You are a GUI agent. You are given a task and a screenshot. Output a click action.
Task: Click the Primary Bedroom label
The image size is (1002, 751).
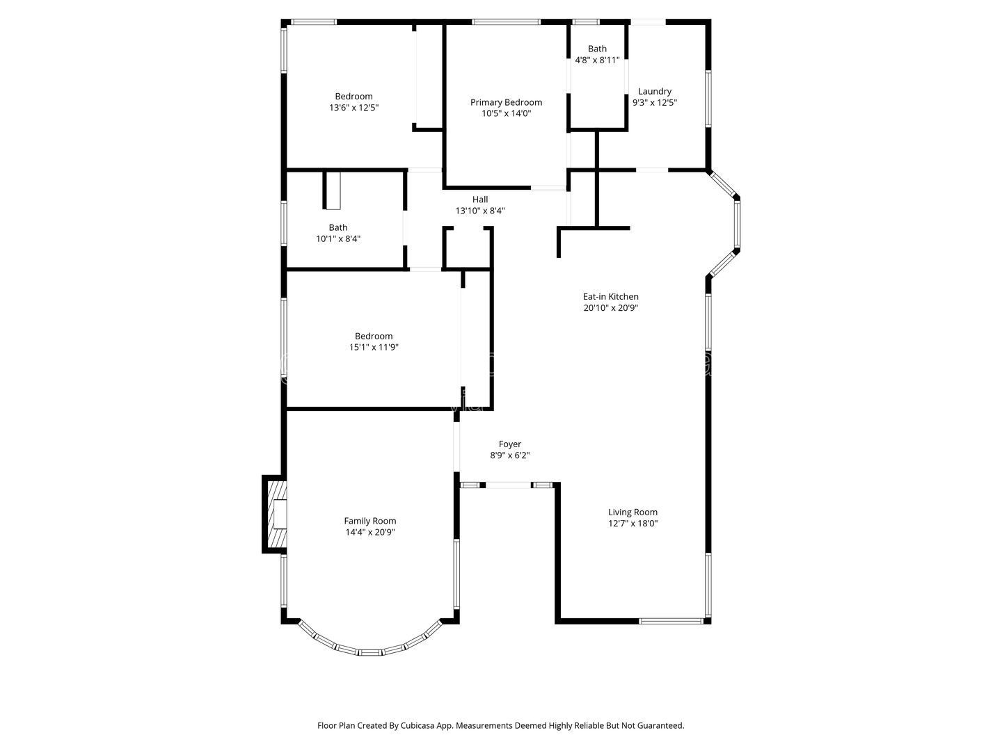coord(506,102)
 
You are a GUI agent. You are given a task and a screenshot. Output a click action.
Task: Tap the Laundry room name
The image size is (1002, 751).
coord(654,91)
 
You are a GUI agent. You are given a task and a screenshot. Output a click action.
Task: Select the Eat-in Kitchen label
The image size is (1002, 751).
coord(610,296)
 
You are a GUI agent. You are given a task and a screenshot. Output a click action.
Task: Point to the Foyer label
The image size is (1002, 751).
coord(509,444)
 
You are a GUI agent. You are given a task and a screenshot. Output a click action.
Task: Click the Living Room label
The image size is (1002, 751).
coord(633,512)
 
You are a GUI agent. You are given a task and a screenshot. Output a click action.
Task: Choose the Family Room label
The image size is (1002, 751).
coord(369,521)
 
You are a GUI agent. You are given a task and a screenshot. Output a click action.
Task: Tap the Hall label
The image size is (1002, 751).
coord(479,200)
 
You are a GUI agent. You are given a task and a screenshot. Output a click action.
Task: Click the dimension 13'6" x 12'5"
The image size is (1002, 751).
coord(353,108)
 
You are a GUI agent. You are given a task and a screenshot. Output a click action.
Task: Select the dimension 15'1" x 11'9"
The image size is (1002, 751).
coord(374,347)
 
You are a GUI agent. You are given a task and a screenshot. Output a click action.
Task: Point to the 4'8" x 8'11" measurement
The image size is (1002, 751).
coord(597,60)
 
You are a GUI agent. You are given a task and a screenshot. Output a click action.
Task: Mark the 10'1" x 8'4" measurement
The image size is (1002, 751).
coord(337,239)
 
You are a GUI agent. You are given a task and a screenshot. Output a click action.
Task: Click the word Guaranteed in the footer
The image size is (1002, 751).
coord(658,725)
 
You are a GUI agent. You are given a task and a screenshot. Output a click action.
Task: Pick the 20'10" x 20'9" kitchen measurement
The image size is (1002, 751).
coord(610,308)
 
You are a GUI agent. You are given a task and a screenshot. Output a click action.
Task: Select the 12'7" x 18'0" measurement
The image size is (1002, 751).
coord(633,524)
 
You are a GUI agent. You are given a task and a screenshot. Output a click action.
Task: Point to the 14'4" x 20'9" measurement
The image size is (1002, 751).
coord(369,532)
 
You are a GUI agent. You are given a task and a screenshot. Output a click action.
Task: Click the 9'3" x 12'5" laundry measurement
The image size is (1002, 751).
coord(654,103)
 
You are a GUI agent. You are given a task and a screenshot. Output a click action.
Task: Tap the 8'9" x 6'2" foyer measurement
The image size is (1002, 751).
coord(509,455)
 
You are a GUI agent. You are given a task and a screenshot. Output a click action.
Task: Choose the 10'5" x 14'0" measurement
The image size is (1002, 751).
coord(507,113)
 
